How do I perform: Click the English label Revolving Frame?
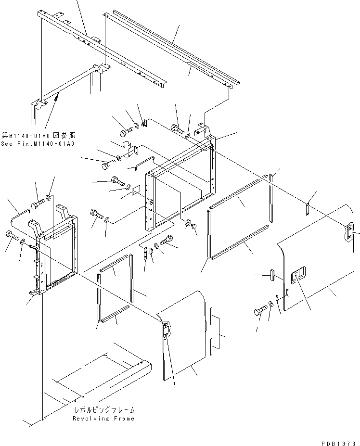pyautogui.click(x=103, y=419)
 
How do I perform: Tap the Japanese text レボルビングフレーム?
pyautogui.click(x=104, y=410)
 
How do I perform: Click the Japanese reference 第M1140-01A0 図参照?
pyautogui.click(x=38, y=136)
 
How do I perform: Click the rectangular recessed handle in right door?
pyautogui.click(x=299, y=275)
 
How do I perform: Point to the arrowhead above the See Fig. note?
pyautogui.click(x=57, y=97)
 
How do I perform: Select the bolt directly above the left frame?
pyautogui.click(x=39, y=204)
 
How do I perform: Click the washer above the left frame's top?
pyautogui.click(x=50, y=198)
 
